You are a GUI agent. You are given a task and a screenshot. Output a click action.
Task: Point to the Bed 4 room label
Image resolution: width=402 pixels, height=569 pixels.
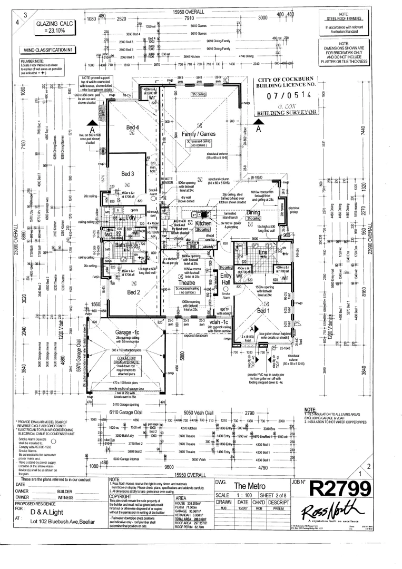click(132, 127)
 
